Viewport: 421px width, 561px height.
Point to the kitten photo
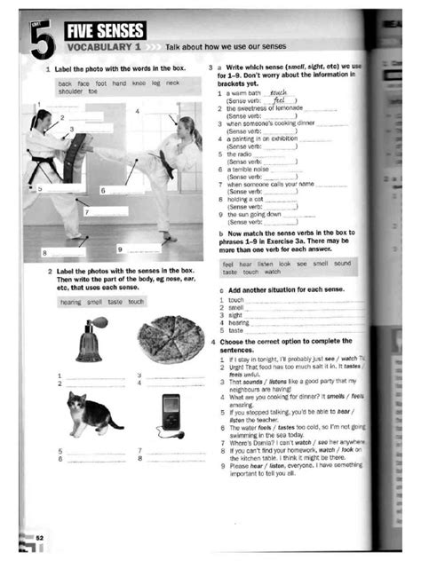[x=91, y=412]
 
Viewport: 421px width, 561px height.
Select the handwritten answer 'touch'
[x=278, y=91]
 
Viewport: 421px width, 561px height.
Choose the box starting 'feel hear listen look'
[x=287, y=268]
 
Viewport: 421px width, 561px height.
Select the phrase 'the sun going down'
[x=255, y=213]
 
